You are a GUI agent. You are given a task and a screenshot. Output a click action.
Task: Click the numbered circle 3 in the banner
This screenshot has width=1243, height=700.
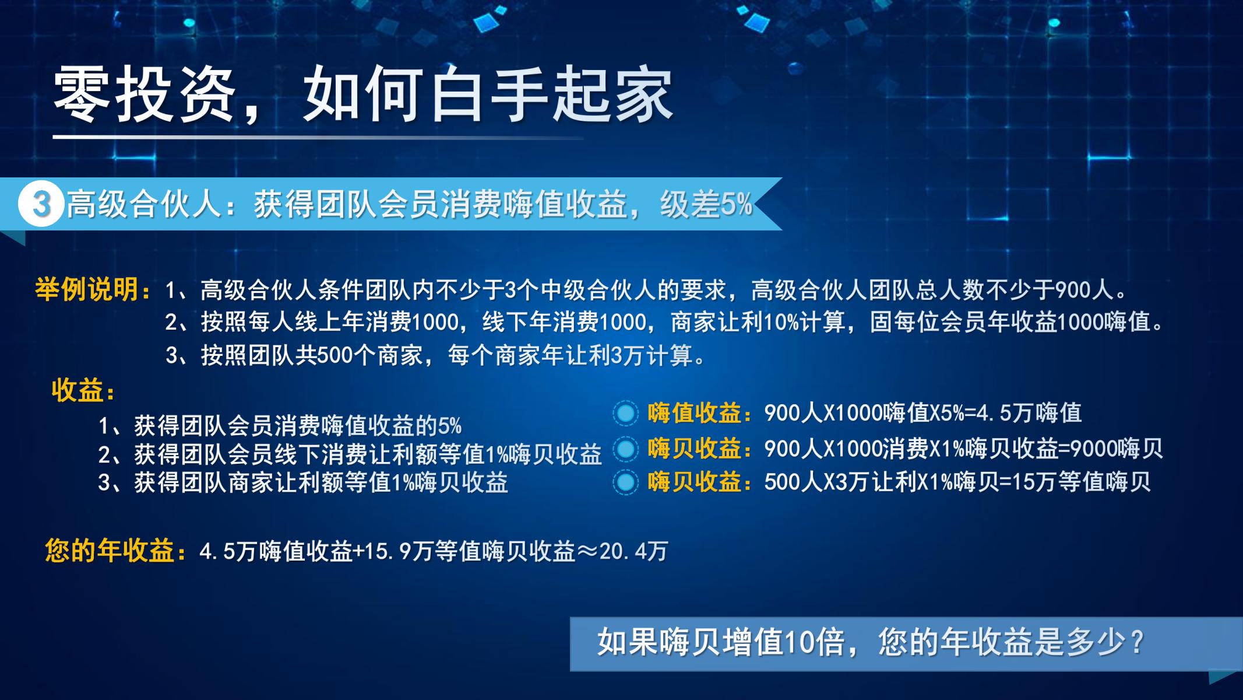pos(41,204)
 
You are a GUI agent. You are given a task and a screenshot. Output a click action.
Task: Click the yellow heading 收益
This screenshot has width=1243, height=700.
pos(77,390)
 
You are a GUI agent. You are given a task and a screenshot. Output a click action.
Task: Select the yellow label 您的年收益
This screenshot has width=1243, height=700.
pos(110,551)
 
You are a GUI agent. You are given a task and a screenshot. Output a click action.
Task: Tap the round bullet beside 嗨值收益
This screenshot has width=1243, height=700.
pos(626,413)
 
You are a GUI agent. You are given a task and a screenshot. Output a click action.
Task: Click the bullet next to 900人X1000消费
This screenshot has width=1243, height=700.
pos(626,449)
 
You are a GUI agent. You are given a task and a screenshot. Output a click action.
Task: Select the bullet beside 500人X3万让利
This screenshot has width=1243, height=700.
pos(626,482)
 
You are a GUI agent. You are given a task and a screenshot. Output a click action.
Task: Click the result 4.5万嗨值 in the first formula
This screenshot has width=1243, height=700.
pos(1029,413)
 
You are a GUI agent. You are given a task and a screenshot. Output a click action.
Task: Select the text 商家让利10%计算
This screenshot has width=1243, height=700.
pos(758,322)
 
